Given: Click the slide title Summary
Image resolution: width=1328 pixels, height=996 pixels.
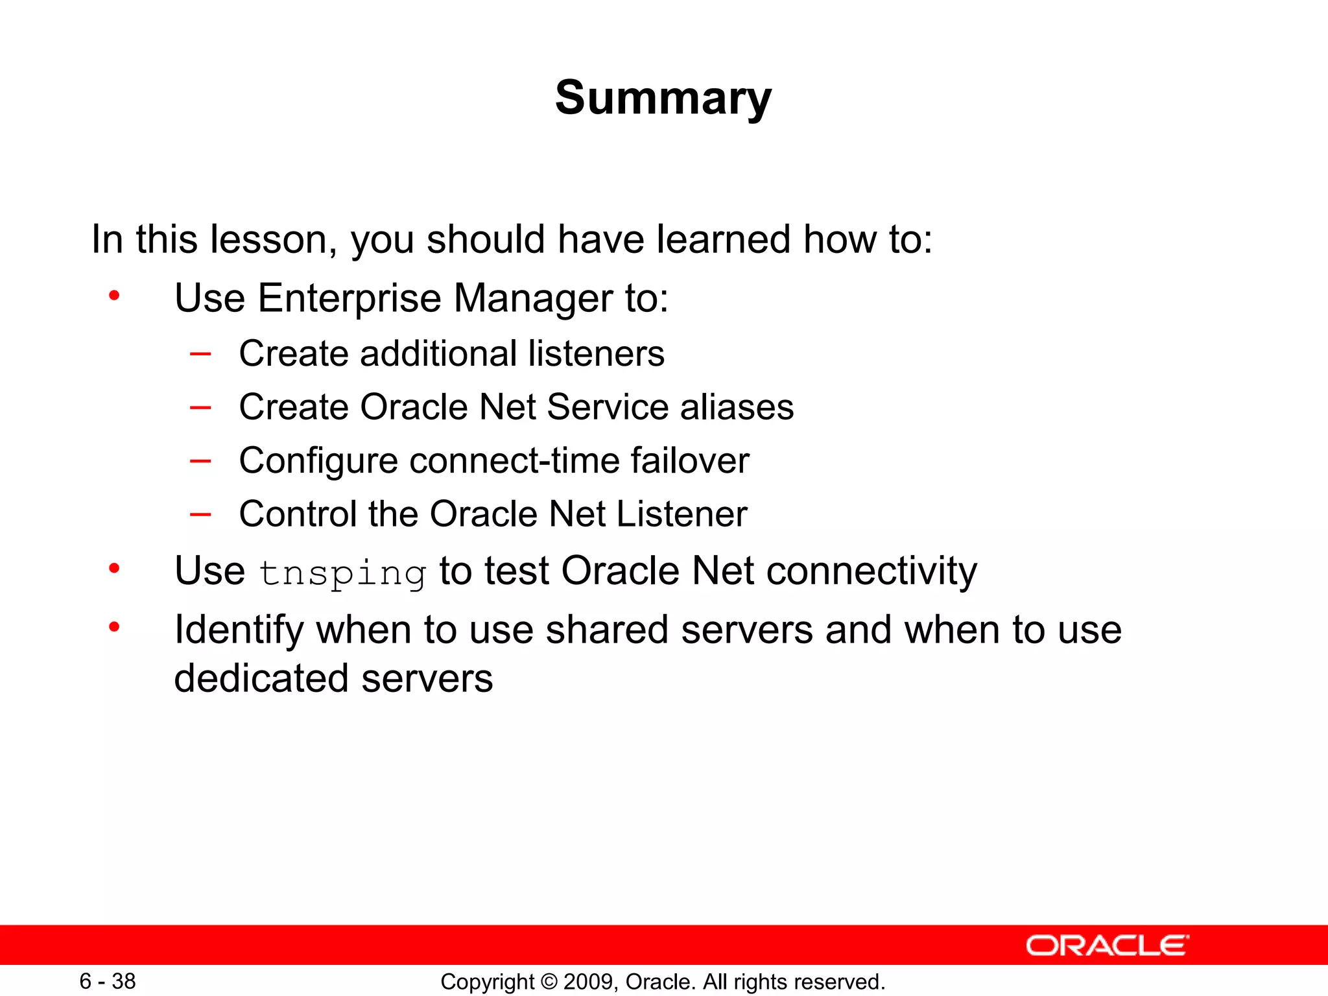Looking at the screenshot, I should (x=663, y=98).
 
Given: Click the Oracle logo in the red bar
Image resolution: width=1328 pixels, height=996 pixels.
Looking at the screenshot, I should (x=1107, y=945).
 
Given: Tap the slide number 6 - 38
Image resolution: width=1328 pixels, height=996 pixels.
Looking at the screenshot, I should (x=108, y=981).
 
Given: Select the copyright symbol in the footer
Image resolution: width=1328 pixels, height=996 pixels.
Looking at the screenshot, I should (x=549, y=982).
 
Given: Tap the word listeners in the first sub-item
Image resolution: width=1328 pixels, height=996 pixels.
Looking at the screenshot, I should (x=596, y=353).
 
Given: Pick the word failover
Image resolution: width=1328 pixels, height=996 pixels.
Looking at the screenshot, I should (x=690, y=460).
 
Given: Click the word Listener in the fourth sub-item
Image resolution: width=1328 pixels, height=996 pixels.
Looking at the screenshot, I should (x=681, y=514).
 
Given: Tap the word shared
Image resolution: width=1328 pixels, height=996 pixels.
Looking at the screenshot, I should (x=607, y=630).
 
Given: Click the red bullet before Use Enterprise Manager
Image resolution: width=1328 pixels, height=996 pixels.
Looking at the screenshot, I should (x=115, y=296).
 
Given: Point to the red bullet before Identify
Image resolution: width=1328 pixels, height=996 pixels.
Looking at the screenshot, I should (x=115, y=627).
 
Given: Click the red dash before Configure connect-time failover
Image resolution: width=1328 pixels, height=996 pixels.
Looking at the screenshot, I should (x=200, y=461).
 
